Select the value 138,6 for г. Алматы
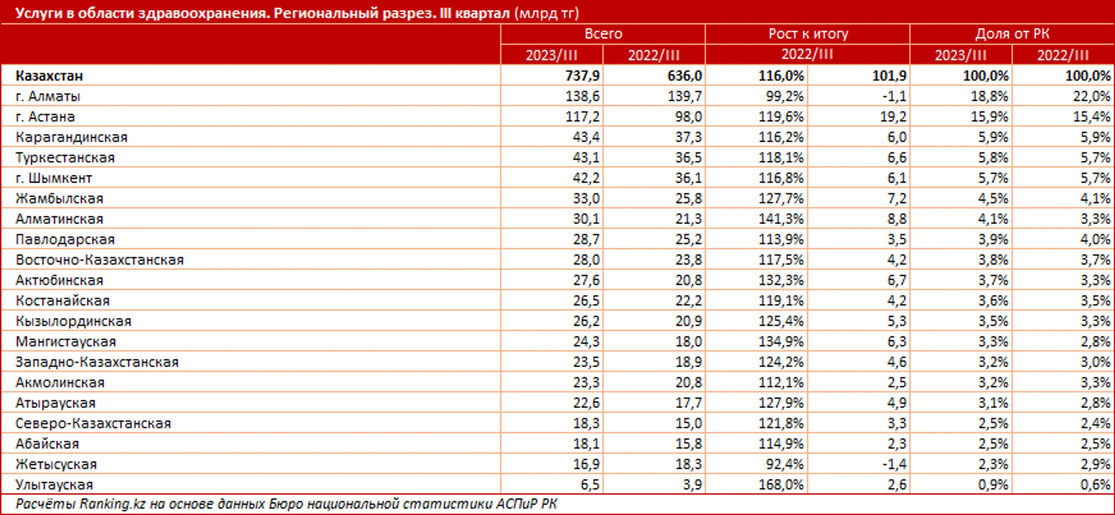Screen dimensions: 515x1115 pos(582,96)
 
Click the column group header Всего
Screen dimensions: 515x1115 pos(603,34)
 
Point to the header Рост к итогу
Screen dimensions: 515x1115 pos(808,34)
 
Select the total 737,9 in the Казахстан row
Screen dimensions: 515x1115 pos(582,76)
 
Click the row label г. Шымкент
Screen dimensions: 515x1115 pos(54,178)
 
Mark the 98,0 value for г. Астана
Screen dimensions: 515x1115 pos(688,117)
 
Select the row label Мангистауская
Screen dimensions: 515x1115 pos(66,341)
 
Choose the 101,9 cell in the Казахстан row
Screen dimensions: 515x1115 pos(889,76)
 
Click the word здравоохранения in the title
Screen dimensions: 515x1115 pos(199,13)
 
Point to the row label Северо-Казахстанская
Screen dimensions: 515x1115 pos(93,423)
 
